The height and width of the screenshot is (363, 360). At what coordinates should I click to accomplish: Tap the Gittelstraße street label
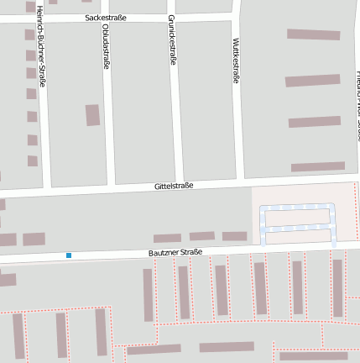174,186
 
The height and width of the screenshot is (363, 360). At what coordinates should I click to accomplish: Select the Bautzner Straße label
175,251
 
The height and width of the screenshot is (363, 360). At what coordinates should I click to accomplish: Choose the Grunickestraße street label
173,44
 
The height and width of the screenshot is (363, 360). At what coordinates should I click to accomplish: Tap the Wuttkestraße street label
237,60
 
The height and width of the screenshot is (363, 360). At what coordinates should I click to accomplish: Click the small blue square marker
69,255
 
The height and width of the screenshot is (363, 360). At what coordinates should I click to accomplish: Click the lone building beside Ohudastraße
92,115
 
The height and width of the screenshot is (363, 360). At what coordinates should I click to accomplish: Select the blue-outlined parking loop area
297,224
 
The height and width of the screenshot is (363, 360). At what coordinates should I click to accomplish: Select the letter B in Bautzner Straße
151,252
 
